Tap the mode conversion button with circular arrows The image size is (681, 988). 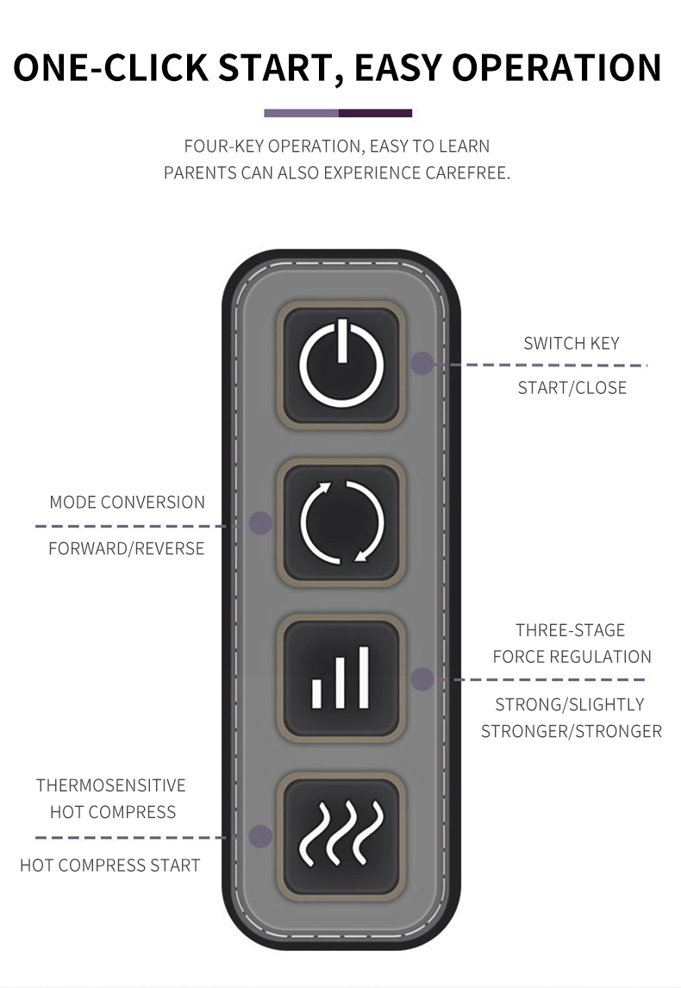(x=341, y=522)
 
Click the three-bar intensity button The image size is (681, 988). (x=341, y=678)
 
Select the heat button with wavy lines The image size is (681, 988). (x=341, y=835)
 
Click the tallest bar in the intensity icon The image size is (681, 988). (x=363, y=678)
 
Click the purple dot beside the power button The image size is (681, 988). (x=422, y=364)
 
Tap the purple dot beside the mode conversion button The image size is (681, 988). (x=260, y=523)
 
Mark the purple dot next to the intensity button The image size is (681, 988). (x=422, y=679)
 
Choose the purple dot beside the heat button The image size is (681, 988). (x=260, y=836)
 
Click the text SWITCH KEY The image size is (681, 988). (x=572, y=343)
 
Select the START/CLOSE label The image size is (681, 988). (x=572, y=387)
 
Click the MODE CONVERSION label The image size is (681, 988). (x=128, y=503)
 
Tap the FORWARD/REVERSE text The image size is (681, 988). (x=126, y=549)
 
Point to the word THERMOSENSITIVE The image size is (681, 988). (x=111, y=785)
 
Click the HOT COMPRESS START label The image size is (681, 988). (x=110, y=866)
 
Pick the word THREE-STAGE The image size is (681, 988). (x=570, y=630)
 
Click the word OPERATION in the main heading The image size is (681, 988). (x=557, y=67)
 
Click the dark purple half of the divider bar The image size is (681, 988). (x=376, y=114)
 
